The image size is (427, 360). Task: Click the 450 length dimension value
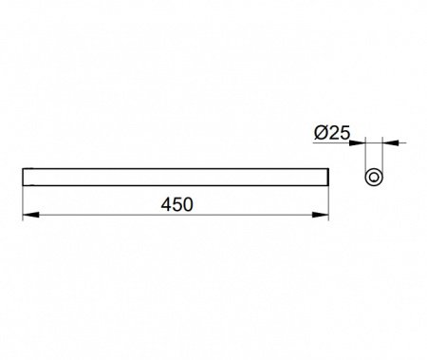coord(176,204)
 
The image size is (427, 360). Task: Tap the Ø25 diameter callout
coord(332,133)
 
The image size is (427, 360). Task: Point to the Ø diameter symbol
coord(321,133)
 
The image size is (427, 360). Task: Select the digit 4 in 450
coord(166,204)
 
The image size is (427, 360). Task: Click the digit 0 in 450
coord(188,204)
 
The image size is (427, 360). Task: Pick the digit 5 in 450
coord(177,204)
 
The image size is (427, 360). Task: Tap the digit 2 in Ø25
coord(334,133)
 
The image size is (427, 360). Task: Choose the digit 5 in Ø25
coord(345,133)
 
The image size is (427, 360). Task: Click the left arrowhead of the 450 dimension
coord(31,215)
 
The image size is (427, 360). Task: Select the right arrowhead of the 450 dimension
coord(320,215)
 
